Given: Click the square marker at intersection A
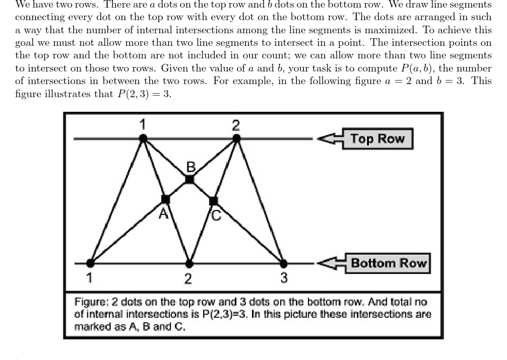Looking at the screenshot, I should click(165, 199).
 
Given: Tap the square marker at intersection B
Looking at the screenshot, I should click(189, 179).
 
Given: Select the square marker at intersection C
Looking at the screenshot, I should click(213, 201).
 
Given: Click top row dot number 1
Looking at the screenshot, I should click(143, 137).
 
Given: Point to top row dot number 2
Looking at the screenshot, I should click(235, 137).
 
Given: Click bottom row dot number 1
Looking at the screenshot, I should click(90, 263).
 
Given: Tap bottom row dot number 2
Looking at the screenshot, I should click(189, 263).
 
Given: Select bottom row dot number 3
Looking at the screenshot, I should click(283, 263).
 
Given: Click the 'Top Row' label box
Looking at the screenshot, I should click(377, 138).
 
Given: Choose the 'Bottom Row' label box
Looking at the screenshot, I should click(388, 263).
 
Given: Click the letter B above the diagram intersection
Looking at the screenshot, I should click(191, 167).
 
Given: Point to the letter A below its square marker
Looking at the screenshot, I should click(163, 214).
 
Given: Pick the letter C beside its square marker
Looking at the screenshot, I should click(216, 215).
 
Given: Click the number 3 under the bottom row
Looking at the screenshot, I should click(284, 277).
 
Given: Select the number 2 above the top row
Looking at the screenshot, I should click(236, 124).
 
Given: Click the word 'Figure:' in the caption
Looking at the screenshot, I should click(90, 302).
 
